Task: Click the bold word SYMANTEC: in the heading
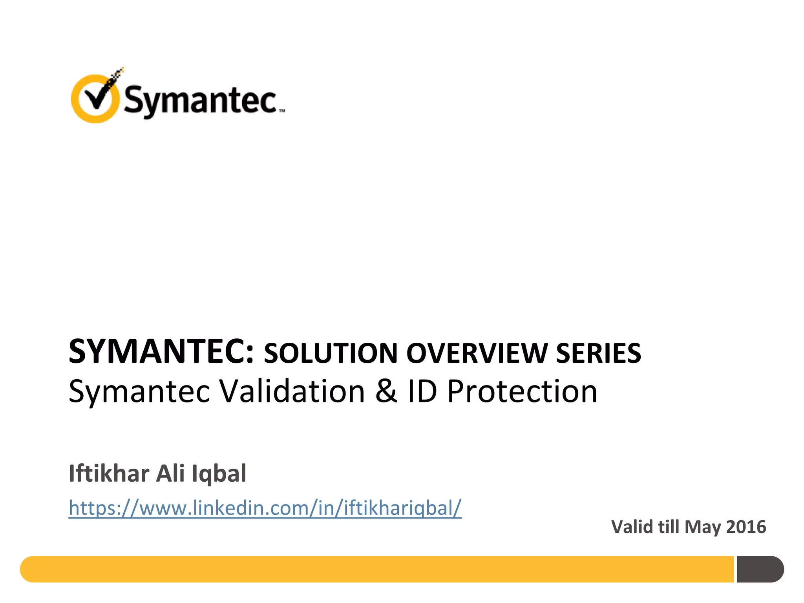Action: click(161, 351)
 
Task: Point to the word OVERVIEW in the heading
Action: click(477, 353)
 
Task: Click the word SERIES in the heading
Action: click(598, 353)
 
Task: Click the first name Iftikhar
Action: click(109, 473)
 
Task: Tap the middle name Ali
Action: click(170, 473)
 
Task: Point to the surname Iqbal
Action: click(219, 473)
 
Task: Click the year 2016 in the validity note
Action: click(746, 527)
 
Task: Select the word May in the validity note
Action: click(702, 528)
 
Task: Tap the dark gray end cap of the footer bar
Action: click(760, 569)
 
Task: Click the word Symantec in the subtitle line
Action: click(139, 392)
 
